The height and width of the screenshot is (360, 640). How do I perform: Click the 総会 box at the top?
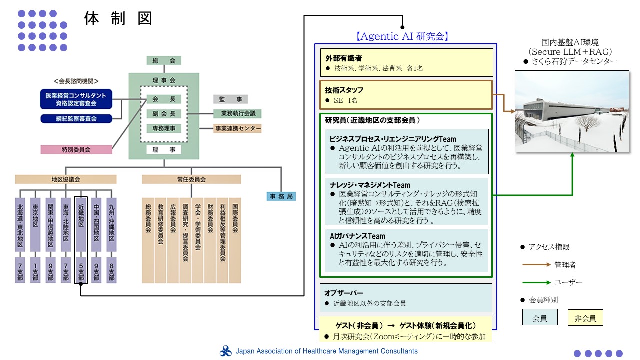(x=164, y=60)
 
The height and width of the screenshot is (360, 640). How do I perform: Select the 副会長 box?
(x=164, y=114)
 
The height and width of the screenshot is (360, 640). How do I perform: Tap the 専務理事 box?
(x=164, y=128)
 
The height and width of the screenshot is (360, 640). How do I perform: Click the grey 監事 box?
(x=230, y=99)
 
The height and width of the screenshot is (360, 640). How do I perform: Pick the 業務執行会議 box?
(x=237, y=113)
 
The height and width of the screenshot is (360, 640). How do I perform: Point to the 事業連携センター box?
(x=237, y=128)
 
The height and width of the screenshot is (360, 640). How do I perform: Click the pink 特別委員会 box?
(x=76, y=149)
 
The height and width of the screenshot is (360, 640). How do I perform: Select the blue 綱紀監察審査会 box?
(x=76, y=119)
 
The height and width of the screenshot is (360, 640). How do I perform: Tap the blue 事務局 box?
(x=281, y=196)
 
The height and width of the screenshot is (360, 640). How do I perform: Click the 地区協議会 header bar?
(x=66, y=179)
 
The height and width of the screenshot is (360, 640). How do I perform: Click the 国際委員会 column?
(x=235, y=240)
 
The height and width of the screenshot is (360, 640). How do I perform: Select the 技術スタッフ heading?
(x=344, y=90)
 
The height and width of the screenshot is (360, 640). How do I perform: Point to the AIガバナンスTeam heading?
(x=357, y=236)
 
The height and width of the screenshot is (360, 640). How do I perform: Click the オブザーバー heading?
(x=343, y=293)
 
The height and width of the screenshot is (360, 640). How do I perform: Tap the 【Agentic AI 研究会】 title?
(x=402, y=36)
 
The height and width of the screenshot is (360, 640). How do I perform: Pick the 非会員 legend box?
(x=585, y=317)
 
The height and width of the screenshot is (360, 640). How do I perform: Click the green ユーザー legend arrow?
(x=536, y=282)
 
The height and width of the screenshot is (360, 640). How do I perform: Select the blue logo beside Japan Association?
(x=225, y=351)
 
